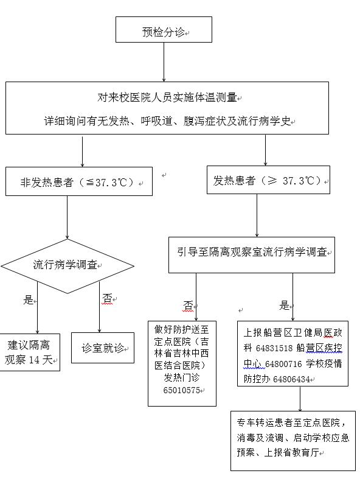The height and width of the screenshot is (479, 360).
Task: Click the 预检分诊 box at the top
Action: (x=164, y=29)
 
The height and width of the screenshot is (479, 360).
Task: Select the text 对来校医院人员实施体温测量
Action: (x=167, y=97)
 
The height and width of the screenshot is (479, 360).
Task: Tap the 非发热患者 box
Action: (x=79, y=181)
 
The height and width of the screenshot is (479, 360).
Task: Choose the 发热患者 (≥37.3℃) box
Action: (x=268, y=180)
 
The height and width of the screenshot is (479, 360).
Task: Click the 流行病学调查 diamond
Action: (x=67, y=266)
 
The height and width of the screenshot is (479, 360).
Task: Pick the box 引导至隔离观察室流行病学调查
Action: (x=252, y=255)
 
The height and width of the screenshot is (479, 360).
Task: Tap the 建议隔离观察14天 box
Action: (x=29, y=352)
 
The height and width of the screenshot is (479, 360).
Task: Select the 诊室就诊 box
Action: (x=103, y=348)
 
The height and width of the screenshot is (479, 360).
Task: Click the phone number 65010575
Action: (x=182, y=390)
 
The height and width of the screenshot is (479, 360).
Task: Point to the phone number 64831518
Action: (x=274, y=348)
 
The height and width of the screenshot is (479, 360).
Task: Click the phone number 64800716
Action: (x=283, y=364)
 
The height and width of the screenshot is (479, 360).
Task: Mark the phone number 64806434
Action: (x=292, y=379)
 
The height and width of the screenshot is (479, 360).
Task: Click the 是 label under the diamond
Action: (x=28, y=299)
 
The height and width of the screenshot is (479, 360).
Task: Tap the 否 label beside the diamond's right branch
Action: (x=107, y=298)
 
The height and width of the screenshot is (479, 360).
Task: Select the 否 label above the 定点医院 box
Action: (x=188, y=305)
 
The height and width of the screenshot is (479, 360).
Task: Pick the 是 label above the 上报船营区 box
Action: (x=284, y=305)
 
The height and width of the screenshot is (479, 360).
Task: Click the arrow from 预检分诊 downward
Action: (x=164, y=62)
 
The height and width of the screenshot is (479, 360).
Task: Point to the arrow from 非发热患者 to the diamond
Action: (x=67, y=217)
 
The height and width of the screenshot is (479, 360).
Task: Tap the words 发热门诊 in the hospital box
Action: (x=182, y=377)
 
